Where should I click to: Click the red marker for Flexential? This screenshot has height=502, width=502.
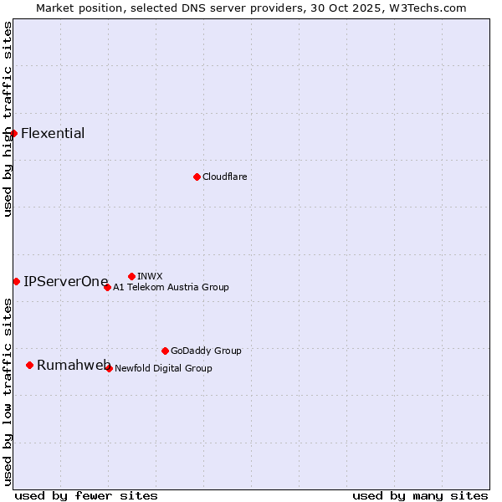13,134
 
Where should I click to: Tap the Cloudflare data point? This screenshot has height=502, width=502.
197,177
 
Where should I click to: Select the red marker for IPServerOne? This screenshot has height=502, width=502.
16,281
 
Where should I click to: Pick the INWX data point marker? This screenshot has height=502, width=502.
131,276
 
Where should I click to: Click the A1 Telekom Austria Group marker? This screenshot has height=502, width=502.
107,287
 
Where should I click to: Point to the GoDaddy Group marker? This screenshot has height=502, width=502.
165,351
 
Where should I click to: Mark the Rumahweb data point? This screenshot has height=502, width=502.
29,365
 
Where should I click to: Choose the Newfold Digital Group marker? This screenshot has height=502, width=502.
109,368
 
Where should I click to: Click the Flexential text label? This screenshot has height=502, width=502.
53,134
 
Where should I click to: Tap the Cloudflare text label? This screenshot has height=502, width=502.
225,177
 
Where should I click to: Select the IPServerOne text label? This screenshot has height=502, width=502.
66,281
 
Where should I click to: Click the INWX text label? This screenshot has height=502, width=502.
150,276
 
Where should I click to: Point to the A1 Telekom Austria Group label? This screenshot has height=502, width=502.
171,287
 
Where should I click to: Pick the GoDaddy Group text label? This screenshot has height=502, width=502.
206,351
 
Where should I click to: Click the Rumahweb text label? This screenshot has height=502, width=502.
74,365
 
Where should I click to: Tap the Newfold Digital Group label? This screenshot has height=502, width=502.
163,368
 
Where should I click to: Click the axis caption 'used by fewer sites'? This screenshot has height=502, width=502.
86,495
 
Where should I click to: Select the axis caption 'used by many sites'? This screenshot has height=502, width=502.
420,495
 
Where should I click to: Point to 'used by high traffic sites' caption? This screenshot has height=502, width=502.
8,119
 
